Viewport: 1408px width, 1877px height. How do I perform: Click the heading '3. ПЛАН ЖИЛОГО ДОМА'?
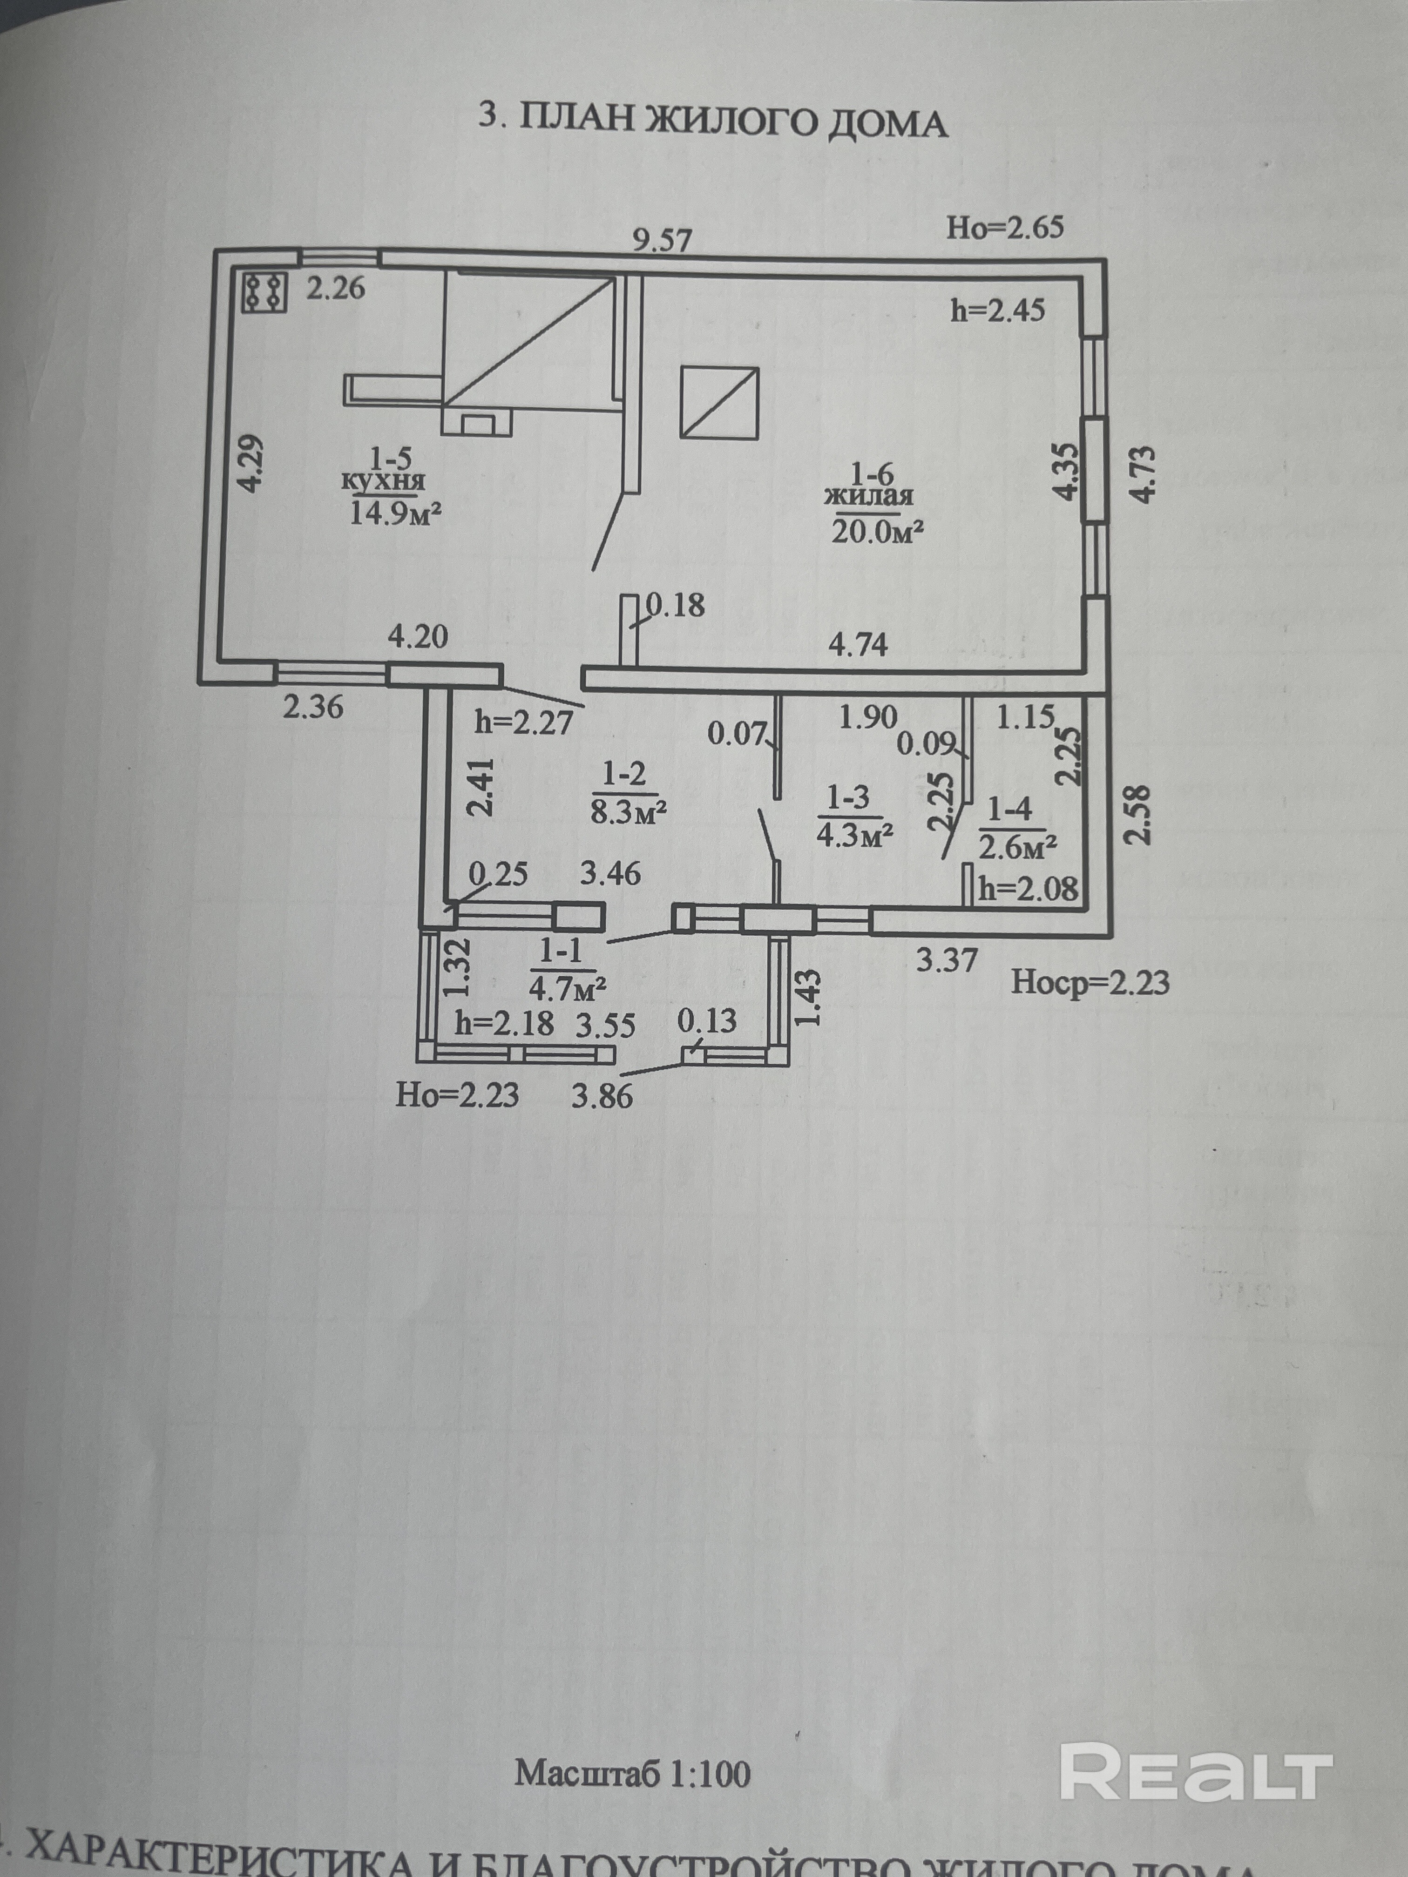(713, 122)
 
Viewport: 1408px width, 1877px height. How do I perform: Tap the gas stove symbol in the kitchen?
(264, 292)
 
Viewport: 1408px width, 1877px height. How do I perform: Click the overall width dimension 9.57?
(662, 240)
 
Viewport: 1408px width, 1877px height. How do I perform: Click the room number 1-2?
(625, 773)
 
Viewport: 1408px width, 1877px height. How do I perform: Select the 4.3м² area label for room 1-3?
(855, 836)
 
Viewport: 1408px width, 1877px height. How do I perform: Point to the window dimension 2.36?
(313, 706)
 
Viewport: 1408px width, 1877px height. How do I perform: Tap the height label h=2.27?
(524, 722)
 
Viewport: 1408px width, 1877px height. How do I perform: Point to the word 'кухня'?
(384, 482)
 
